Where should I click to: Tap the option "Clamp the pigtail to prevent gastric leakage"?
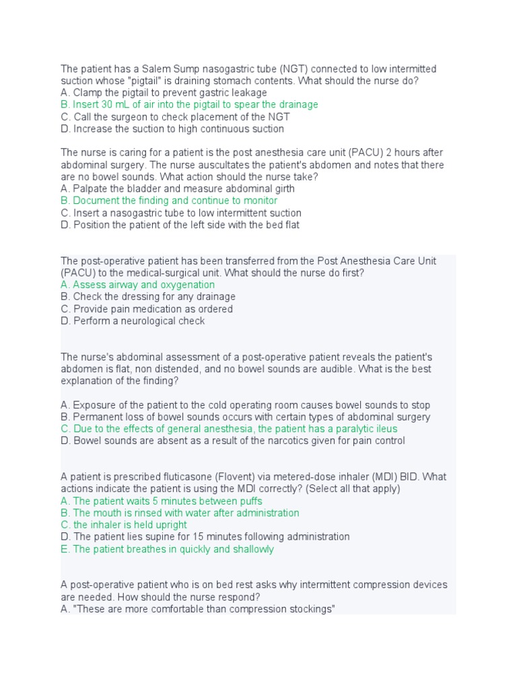[x=163, y=93]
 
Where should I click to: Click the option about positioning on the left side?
[x=180, y=225]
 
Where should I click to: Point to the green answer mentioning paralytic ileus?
[x=229, y=429]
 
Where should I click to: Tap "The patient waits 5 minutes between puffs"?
[x=161, y=501]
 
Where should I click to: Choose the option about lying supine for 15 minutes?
[x=205, y=537]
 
